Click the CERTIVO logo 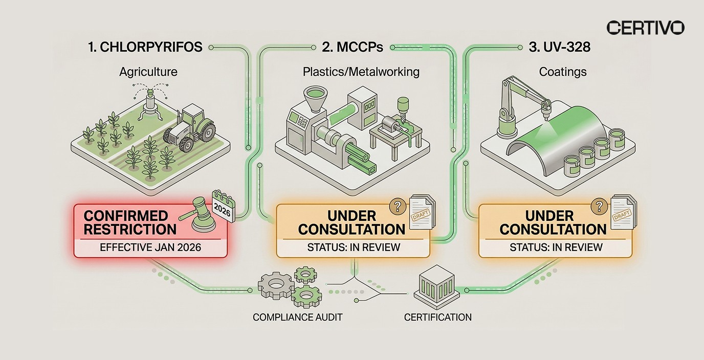tap(645, 28)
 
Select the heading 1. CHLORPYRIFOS tap(145, 48)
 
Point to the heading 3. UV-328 tap(559, 48)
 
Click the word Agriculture tap(148, 72)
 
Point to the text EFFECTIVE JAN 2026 tap(150, 247)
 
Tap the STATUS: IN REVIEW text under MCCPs tap(353, 247)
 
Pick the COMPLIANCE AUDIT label tap(297, 317)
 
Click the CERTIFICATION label tap(437, 317)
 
